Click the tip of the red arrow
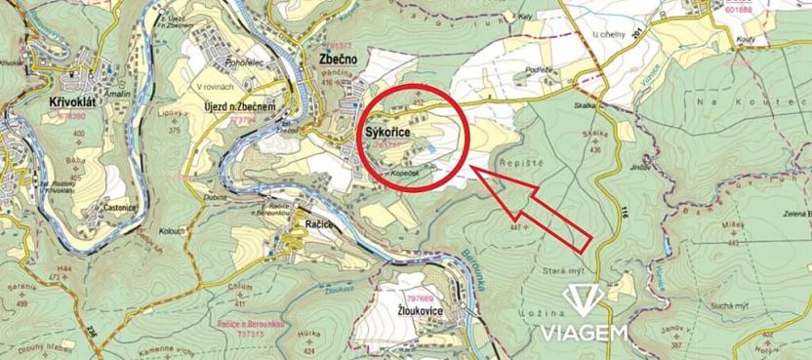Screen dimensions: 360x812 point(473,169)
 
